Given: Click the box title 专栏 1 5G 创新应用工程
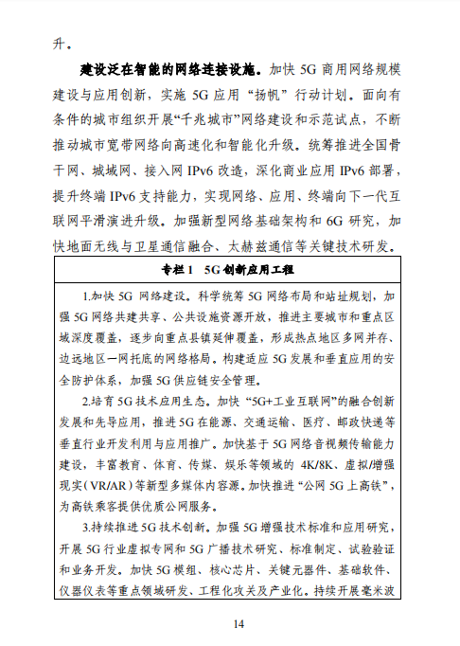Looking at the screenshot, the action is point(230,270).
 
